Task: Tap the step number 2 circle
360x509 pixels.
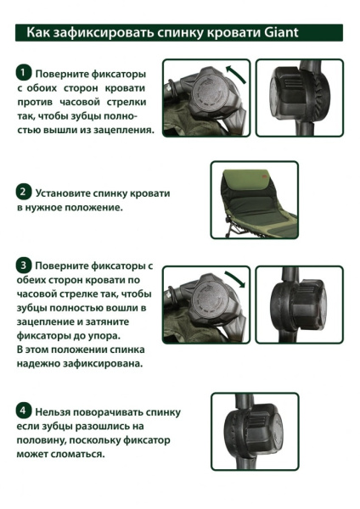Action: [x=25, y=192]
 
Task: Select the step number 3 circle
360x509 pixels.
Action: [x=25, y=266]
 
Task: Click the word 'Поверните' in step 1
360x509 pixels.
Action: [x=65, y=73]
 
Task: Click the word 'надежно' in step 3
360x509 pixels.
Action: [x=43, y=363]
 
